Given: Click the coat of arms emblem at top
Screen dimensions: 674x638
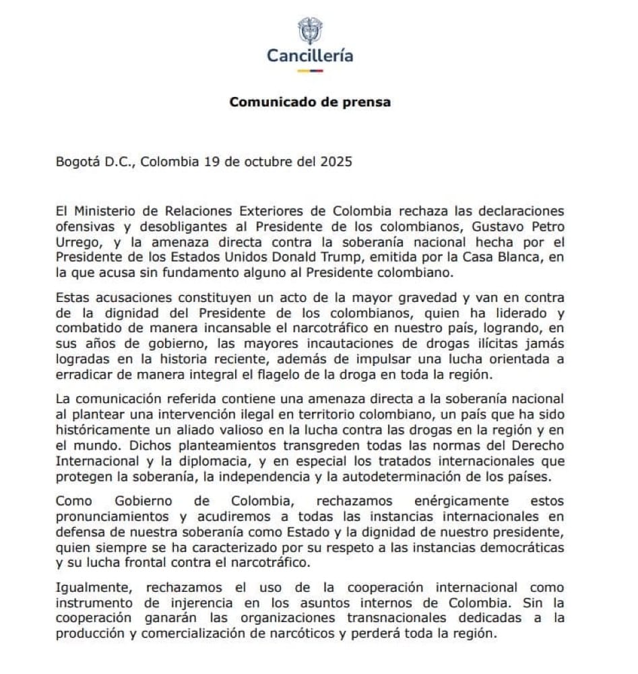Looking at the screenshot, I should (x=310, y=30).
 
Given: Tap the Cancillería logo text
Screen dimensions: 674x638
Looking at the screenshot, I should (x=310, y=55).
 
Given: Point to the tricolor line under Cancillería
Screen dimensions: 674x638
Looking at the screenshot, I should (x=310, y=69).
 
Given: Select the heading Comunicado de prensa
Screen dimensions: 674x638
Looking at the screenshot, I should (x=310, y=102).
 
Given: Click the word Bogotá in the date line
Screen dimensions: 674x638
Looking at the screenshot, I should (x=78, y=162).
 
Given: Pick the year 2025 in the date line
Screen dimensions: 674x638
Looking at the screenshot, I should (x=336, y=162).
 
